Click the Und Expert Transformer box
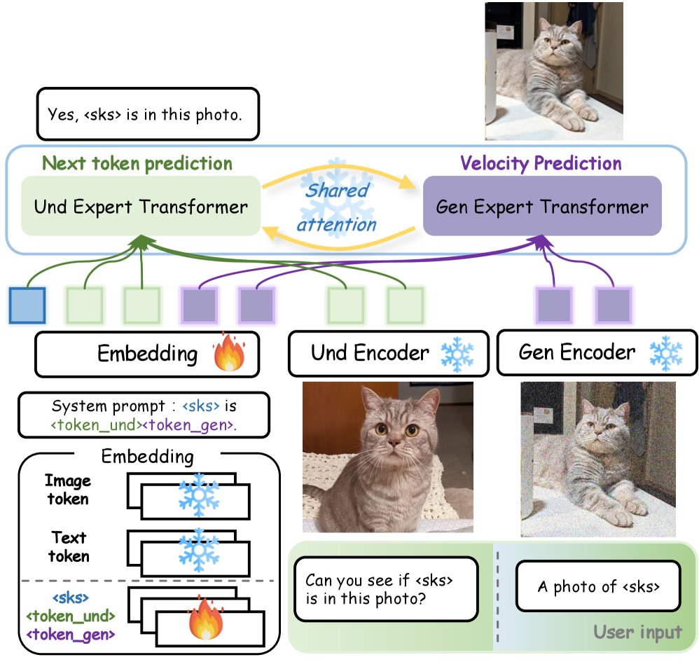tap(141, 207)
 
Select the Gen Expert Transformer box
tap(542, 206)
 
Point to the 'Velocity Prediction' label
tap(541, 164)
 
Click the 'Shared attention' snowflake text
tap(338, 207)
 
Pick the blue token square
tap(27, 305)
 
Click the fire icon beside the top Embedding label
tap(228, 353)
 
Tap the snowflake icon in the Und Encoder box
tap(457, 353)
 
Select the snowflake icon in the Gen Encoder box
tap(665, 352)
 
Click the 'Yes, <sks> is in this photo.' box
tap(147, 113)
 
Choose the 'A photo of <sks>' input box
tap(598, 586)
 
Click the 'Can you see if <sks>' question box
tap(385, 588)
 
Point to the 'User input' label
tap(637, 633)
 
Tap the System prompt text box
tap(149, 415)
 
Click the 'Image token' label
tap(68, 490)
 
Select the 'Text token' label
tap(69, 546)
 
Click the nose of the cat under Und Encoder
tap(394, 444)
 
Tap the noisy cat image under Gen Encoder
tap(597, 459)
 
